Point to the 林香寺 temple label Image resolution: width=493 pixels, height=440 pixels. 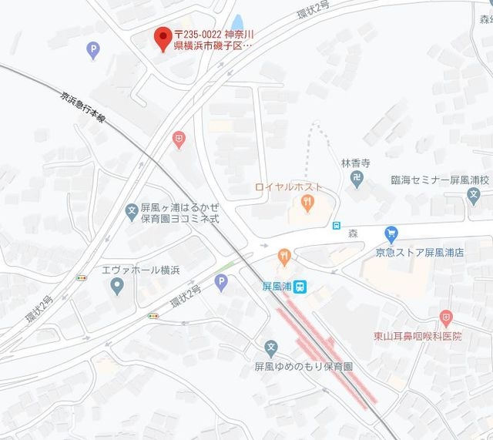tap(357, 163)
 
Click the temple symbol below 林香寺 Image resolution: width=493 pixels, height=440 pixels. tap(357, 179)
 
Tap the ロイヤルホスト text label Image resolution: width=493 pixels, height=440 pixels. tap(289, 187)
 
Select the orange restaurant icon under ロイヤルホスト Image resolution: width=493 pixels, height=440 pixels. tap(307, 203)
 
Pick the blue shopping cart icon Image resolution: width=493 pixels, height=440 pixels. tap(391, 233)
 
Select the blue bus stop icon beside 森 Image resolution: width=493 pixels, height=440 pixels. tap(337, 225)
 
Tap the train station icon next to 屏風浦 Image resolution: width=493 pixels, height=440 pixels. tap(302, 285)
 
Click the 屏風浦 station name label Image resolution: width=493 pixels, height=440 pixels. tap(277, 285)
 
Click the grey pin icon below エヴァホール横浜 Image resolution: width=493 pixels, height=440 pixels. tap(117, 287)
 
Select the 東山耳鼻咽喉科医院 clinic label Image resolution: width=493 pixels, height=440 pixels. tap(418, 336)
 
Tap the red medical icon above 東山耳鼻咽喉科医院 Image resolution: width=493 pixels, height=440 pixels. tap(446, 317)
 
